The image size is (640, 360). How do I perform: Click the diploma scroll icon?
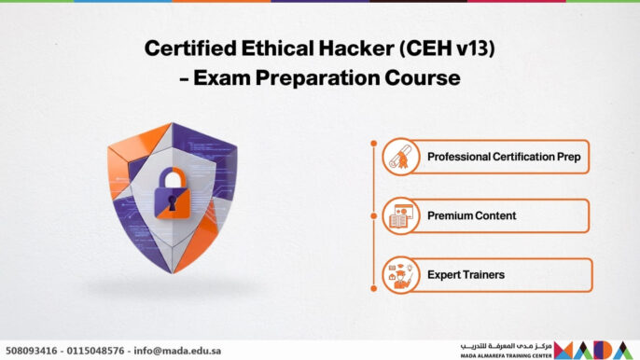coord(401,156)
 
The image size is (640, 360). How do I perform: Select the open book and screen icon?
coord(401,215)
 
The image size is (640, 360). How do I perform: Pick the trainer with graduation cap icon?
coord(401,275)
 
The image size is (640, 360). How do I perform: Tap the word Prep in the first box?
coord(568,157)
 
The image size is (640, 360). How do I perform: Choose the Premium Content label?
coord(471,216)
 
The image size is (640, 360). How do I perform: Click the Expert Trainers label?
coord(466,275)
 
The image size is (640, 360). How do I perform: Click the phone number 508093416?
coord(33,351)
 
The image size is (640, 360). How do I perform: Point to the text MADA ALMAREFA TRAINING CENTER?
coord(504,355)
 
